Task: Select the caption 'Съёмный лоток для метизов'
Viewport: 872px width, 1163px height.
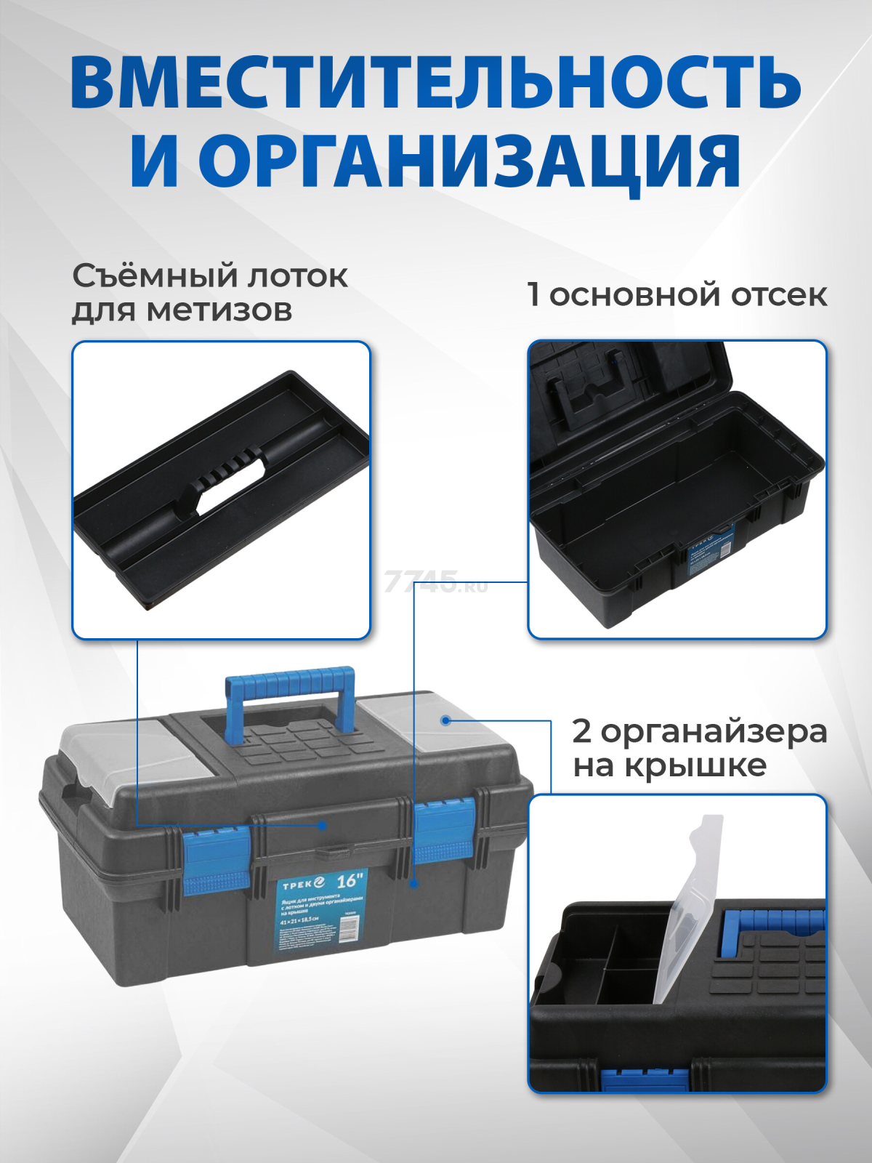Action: [x=209, y=293]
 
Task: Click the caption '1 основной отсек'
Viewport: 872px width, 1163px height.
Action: [x=677, y=295]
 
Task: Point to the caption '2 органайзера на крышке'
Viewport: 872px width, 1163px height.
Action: [x=698, y=748]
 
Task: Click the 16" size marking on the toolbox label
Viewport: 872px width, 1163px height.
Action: [x=350, y=880]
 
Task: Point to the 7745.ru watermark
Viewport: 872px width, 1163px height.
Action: [x=435, y=581]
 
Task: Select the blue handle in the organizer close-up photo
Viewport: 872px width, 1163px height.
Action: [x=770, y=923]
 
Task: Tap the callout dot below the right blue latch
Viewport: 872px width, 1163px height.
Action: [x=413, y=884]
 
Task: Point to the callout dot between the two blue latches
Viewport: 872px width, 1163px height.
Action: [x=323, y=825]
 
